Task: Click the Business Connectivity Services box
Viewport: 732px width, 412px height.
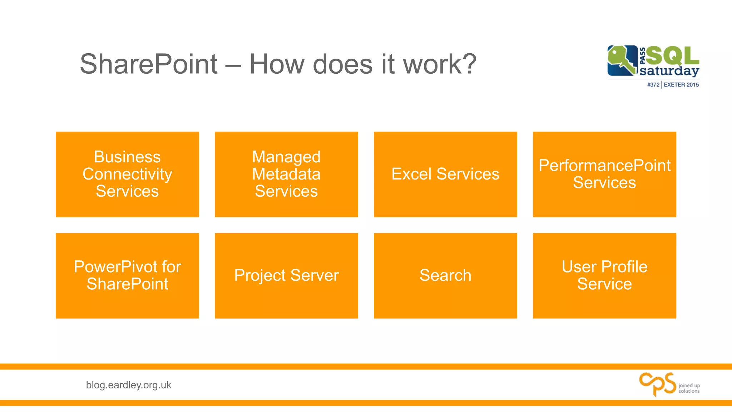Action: pyautogui.click(x=127, y=174)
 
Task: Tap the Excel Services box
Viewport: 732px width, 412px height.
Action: pyautogui.click(x=445, y=174)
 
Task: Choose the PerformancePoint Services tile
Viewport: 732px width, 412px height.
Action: pyautogui.click(x=604, y=174)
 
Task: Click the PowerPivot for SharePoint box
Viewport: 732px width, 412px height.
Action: pyautogui.click(x=127, y=275)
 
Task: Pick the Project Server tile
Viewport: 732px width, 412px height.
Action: pyautogui.click(x=286, y=275)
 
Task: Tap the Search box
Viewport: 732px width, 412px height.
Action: pyautogui.click(x=445, y=275)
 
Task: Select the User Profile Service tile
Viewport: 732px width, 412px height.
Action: pyautogui.click(x=604, y=275)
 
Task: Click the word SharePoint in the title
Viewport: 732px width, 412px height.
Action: pyautogui.click(x=148, y=64)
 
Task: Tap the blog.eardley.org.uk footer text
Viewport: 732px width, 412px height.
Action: pyautogui.click(x=129, y=385)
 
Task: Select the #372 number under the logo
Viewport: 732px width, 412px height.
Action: pyautogui.click(x=653, y=85)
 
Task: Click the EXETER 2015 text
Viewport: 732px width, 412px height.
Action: pyautogui.click(x=681, y=85)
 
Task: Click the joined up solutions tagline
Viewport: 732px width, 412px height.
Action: pyautogui.click(x=689, y=388)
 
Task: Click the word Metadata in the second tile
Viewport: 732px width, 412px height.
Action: pyautogui.click(x=286, y=174)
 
